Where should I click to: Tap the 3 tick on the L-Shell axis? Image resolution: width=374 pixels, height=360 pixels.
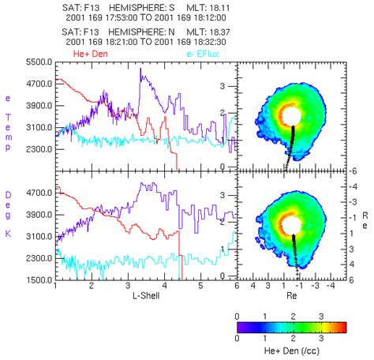[128, 289]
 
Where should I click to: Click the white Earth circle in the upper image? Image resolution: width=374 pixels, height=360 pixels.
[291, 116]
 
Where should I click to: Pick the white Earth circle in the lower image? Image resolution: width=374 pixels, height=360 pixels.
[291, 225]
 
